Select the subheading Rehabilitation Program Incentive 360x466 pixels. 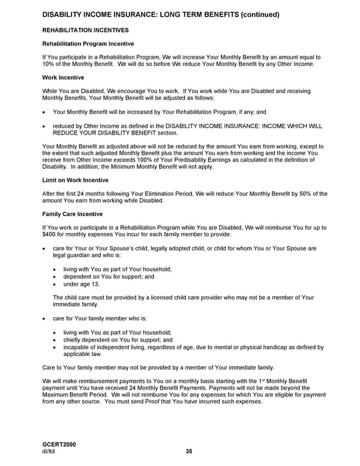click(x=88, y=44)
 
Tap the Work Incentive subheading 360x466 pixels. click(x=63, y=77)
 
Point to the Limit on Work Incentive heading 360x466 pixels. click(x=76, y=180)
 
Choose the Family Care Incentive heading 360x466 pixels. click(x=73, y=214)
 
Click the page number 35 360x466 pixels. click(x=190, y=450)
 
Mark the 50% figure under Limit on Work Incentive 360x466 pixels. click(x=308, y=194)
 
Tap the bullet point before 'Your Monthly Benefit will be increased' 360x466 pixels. click(x=44, y=112)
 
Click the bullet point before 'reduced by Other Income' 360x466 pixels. click(x=44, y=126)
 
